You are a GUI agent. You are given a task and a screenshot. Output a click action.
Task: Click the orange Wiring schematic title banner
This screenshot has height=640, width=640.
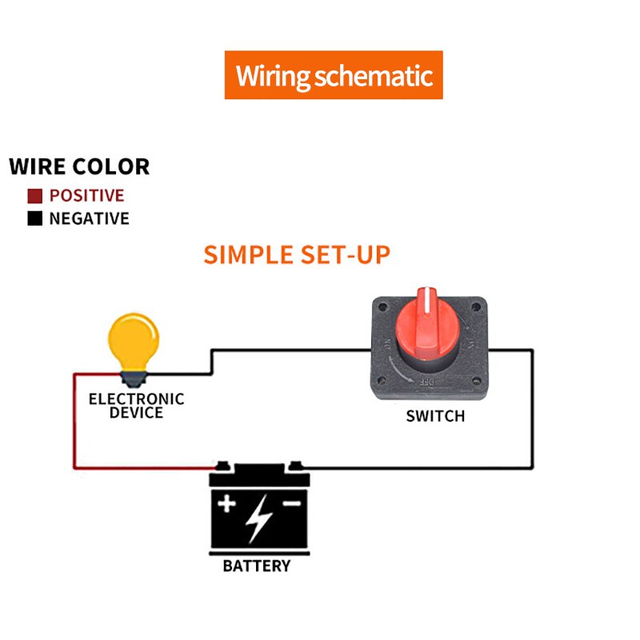pos(333,75)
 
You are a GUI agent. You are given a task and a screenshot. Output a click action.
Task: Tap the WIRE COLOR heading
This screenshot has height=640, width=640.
pos(79,167)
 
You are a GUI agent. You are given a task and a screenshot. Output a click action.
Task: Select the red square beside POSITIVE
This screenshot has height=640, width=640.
pos(34,196)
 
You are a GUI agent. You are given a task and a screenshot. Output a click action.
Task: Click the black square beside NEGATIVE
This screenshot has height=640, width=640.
pos(34,218)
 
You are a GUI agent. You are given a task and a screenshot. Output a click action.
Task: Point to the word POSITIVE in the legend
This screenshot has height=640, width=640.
pos(86,196)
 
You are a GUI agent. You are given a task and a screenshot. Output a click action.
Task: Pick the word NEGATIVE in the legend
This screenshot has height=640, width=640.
pos(89,218)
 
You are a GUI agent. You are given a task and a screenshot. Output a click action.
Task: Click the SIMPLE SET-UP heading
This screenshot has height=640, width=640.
pos(297,254)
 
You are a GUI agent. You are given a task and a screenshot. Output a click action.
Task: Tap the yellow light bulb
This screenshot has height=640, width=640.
pos(134,337)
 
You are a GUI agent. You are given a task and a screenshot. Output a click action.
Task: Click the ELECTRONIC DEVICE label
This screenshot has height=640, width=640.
pos(136,406)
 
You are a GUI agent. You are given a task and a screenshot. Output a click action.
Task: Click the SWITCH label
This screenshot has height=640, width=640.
pos(435,416)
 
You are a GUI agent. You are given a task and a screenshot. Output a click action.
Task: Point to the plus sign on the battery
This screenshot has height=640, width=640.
pos(228,503)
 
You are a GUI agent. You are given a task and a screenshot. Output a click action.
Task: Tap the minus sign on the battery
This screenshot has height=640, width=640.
pos(291,503)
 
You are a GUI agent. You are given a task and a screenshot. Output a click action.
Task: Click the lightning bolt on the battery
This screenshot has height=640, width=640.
pos(258,518)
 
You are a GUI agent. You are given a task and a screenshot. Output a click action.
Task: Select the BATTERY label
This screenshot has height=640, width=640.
pos(256,566)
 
